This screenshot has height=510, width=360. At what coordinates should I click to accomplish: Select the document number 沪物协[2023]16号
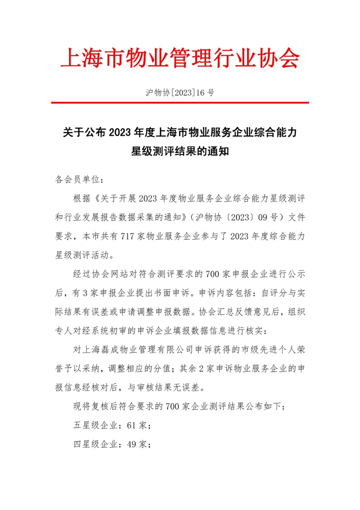(x=179, y=93)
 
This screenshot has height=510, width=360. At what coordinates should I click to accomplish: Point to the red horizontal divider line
(x=179, y=103)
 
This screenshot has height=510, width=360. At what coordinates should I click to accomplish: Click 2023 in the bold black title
(x=119, y=133)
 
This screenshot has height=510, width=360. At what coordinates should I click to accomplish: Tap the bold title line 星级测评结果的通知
(x=179, y=151)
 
